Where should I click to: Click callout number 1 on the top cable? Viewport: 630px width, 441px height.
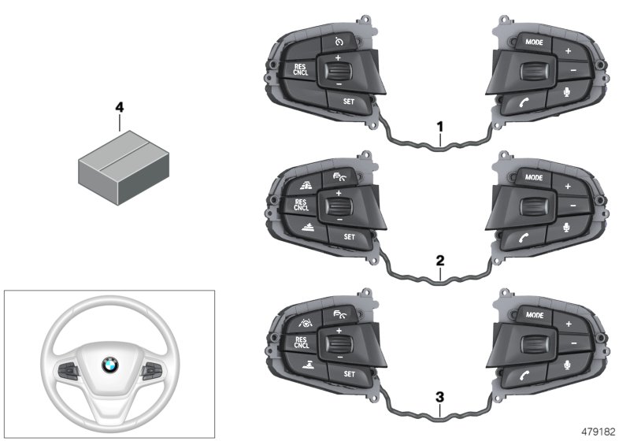(x=441, y=125)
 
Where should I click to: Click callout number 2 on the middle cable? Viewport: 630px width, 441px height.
(x=441, y=258)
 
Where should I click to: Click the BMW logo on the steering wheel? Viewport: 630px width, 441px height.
(x=109, y=365)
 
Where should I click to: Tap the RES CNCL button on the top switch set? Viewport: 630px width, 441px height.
(x=301, y=69)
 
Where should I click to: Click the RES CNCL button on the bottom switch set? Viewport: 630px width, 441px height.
(x=301, y=341)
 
